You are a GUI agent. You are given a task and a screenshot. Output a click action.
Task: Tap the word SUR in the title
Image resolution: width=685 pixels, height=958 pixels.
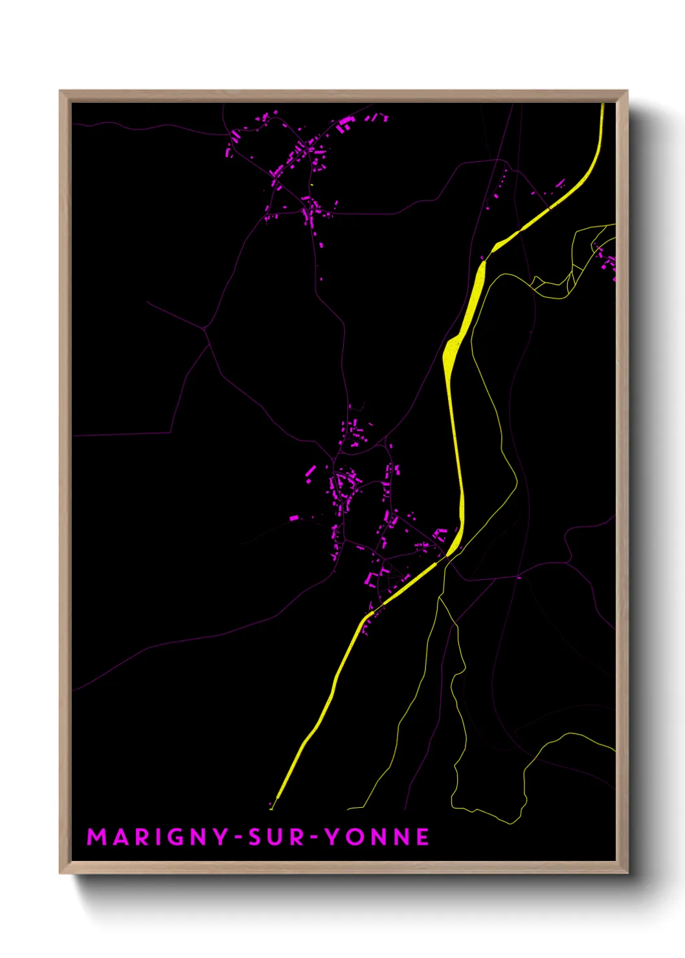pyautogui.click(x=276, y=837)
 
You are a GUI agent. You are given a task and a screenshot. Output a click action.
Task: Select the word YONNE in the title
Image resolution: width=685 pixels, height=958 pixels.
pyautogui.click(x=377, y=837)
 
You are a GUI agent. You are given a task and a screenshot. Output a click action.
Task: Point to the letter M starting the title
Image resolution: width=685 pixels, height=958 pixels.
pyautogui.click(x=96, y=837)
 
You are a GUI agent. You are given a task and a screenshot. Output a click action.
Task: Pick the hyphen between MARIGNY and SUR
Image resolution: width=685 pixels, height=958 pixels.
pyautogui.click(x=239, y=838)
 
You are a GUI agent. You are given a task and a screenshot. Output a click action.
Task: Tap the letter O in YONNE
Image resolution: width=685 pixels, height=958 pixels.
pyautogui.click(x=356, y=837)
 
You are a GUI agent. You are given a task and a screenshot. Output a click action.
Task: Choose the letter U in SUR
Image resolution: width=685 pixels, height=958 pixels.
pyautogui.click(x=276, y=837)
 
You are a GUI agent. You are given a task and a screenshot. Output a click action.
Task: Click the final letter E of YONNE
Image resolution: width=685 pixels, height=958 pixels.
pyautogui.click(x=422, y=837)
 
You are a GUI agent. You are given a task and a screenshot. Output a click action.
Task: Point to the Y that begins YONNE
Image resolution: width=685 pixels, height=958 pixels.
pyautogui.click(x=333, y=837)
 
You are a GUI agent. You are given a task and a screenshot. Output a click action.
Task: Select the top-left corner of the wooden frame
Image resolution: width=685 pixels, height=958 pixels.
pyautogui.click(x=60, y=91)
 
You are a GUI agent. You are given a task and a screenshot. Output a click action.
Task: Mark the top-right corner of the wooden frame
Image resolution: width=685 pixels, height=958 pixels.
pyautogui.click(x=627, y=91)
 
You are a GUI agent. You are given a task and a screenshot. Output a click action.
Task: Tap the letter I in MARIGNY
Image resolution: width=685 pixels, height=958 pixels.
pyautogui.click(x=155, y=837)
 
